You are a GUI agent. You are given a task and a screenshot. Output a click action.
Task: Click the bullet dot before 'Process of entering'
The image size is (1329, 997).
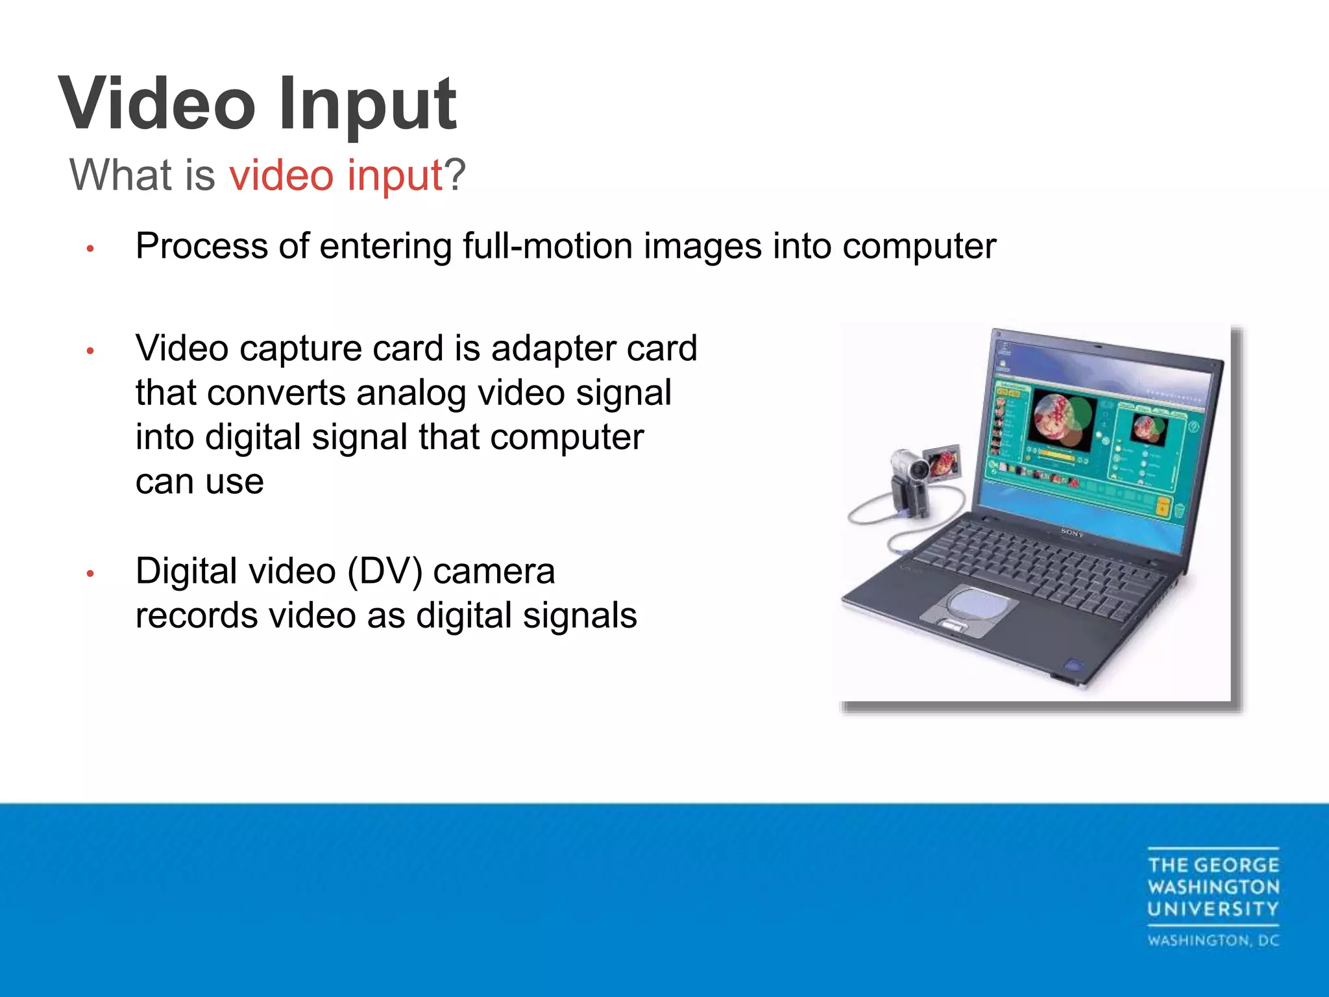91,249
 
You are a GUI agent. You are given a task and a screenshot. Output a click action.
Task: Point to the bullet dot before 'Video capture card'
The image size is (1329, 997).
91,351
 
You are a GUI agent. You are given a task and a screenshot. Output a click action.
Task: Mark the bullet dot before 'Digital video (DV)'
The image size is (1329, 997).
91,574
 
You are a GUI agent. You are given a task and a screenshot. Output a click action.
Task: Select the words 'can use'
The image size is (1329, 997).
199,482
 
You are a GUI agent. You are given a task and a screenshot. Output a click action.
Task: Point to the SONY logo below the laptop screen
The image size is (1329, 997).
1072,533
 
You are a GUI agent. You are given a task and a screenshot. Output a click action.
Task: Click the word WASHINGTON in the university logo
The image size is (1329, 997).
1213,887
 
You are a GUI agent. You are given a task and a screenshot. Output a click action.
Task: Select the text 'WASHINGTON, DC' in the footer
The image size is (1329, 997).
1213,941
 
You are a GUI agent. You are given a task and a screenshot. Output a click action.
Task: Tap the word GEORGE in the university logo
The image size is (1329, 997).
1236,865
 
